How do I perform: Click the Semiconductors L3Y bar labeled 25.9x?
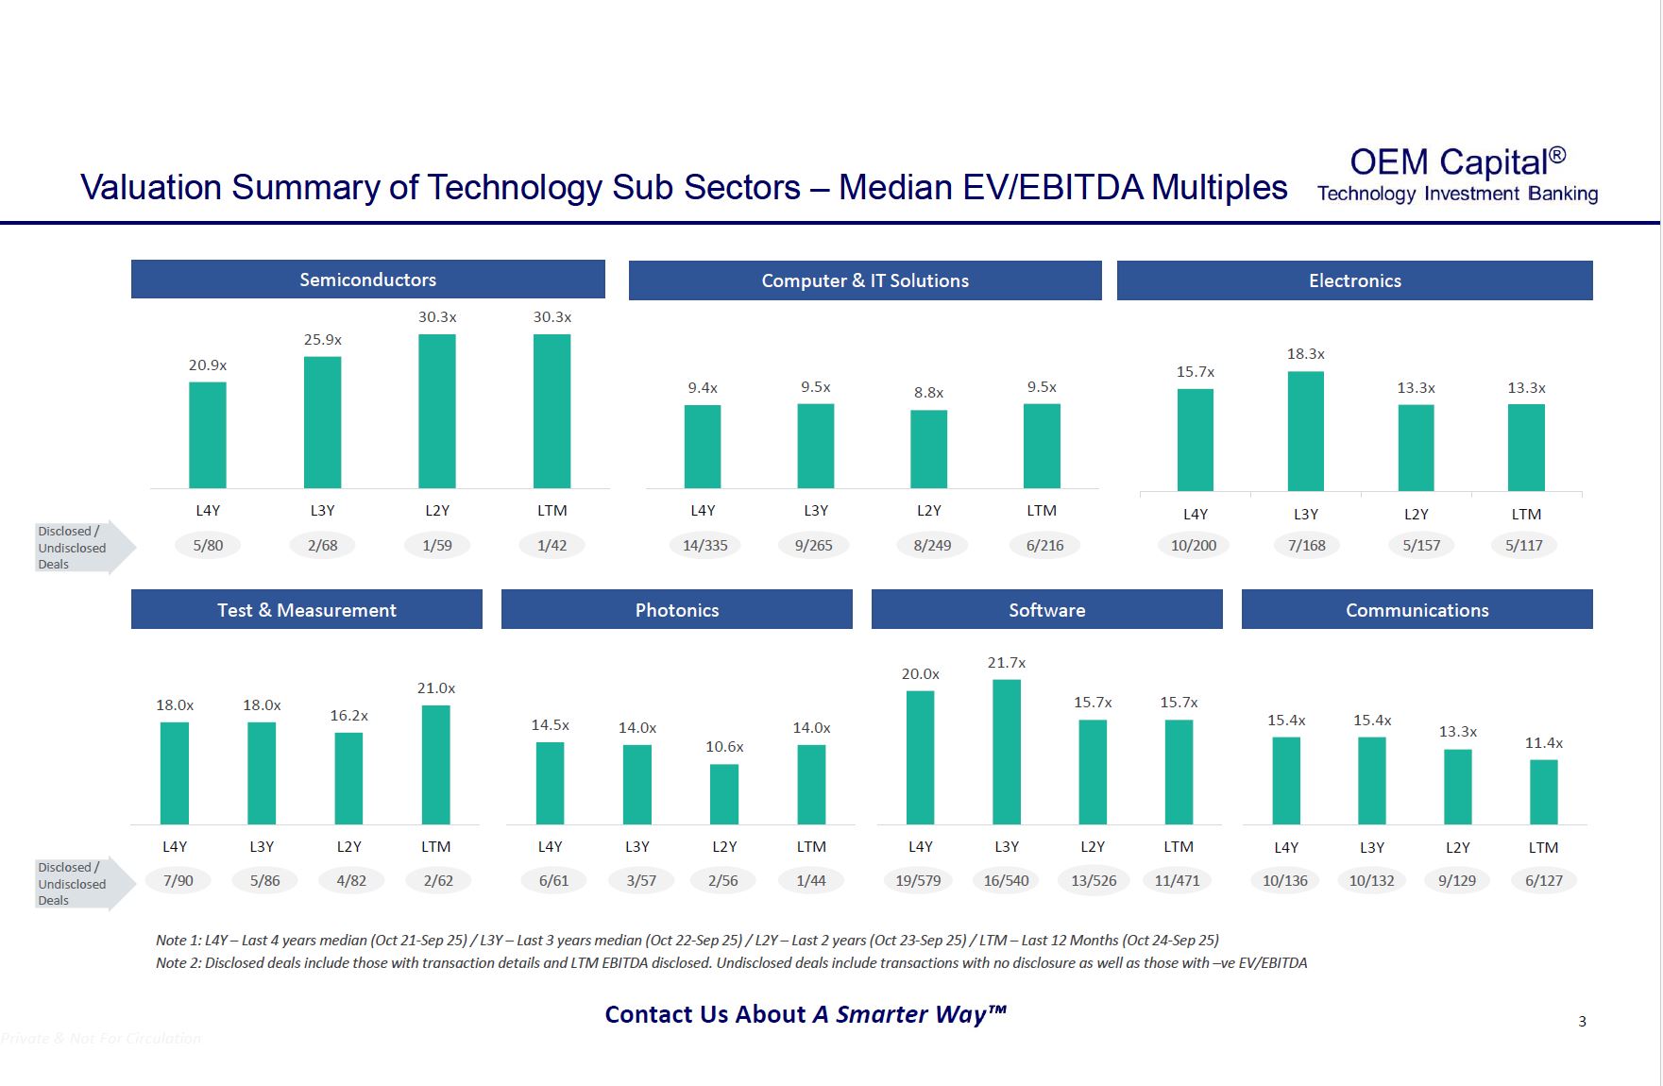pyautogui.click(x=322, y=422)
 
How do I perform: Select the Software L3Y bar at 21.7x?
pyautogui.click(x=1006, y=752)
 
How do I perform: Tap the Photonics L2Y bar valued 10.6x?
pyautogui.click(x=724, y=794)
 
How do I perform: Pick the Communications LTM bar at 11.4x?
pyautogui.click(x=1543, y=791)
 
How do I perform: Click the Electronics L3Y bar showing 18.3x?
pyautogui.click(x=1305, y=431)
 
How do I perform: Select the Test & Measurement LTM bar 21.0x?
pyautogui.click(x=435, y=764)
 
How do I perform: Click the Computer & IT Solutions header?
pyautogui.click(x=864, y=280)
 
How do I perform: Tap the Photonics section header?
pyautogui.click(x=676, y=610)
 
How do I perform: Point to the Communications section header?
pyautogui.click(x=1417, y=610)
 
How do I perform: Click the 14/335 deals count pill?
pyautogui.click(x=704, y=545)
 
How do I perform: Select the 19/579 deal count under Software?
pyautogui.click(x=918, y=880)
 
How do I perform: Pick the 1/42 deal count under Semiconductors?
pyautogui.click(x=552, y=545)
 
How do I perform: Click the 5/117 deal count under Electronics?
pyautogui.click(x=1523, y=545)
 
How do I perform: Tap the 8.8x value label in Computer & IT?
pyautogui.click(x=928, y=392)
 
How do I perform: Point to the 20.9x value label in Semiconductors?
pyautogui.click(x=208, y=365)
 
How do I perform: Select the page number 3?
pyautogui.click(x=1582, y=1021)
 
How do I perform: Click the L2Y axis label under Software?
pyautogui.click(x=1092, y=846)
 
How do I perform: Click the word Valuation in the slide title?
pyautogui.click(x=151, y=187)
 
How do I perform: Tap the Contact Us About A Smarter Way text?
pyautogui.click(x=805, y=1014)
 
